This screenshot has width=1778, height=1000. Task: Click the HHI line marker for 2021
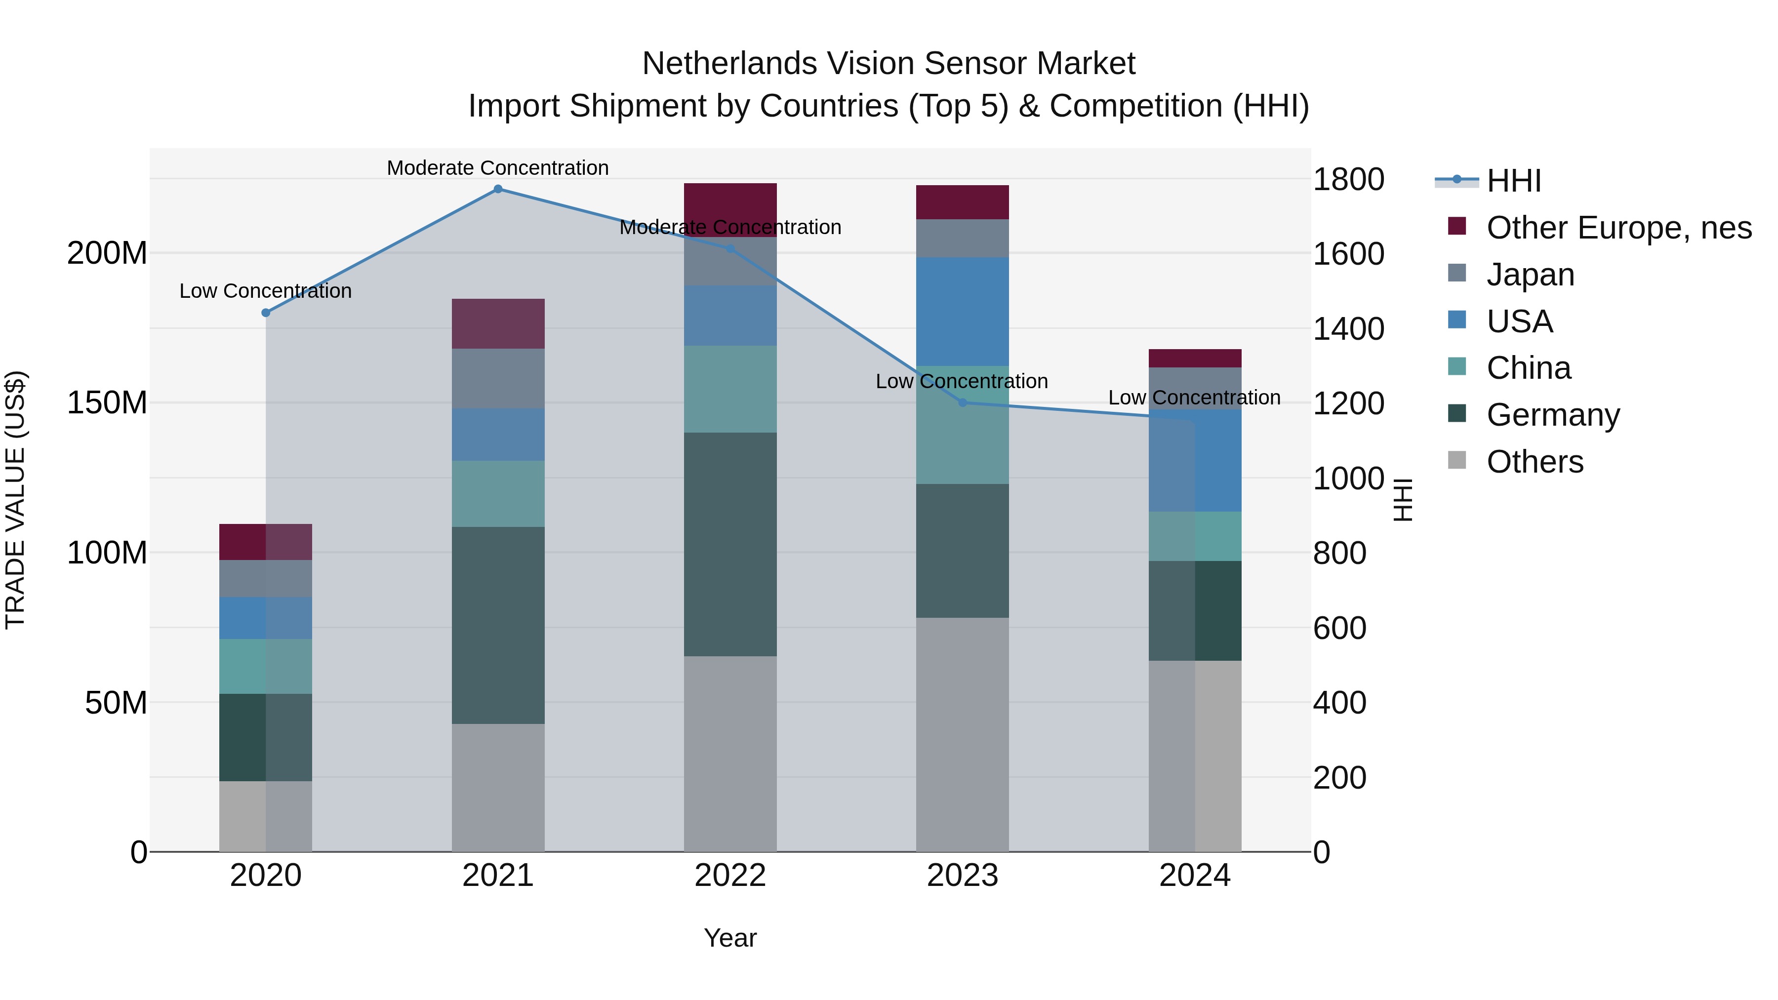[498, 189]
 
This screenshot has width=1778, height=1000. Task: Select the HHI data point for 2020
[266, 313]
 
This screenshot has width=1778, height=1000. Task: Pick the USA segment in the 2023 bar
[962, 311]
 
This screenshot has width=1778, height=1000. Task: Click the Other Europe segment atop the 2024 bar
[1195, 358]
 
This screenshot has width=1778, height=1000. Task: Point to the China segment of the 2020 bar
[266, 666]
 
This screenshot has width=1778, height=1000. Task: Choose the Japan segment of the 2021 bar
[498, 378]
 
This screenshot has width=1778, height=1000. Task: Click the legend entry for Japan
[1530, 275]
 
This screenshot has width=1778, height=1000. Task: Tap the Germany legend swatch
[1457, 414]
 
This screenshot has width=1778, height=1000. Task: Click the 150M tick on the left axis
[107, 403]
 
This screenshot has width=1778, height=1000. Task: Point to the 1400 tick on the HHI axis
[1347, 328]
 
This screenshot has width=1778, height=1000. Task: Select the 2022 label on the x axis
[730, 876]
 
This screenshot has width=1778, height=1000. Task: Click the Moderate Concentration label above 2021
[498, 168]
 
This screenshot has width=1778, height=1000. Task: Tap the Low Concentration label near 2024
[1194, 398]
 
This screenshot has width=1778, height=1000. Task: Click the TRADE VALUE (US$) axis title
[15, 500]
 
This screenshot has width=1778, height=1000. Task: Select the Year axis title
[730, 938]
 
